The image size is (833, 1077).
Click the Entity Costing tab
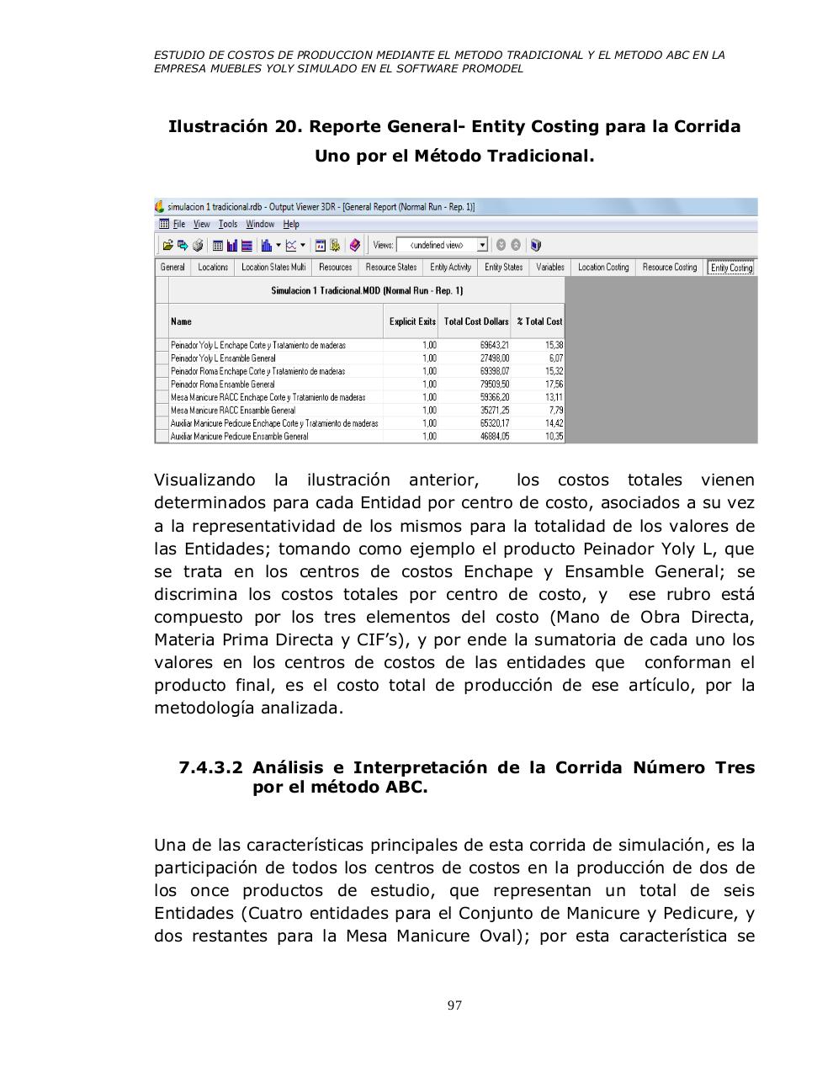(730, 268)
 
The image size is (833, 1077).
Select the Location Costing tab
(603, 268)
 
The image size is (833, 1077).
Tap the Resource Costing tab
(669, 268)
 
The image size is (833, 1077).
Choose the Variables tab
(549, 268)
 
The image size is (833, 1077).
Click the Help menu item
(291, 225)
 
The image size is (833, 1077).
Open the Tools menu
(228, 225)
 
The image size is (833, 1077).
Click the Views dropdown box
(442, 246)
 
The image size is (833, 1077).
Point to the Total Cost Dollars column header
(475, 321)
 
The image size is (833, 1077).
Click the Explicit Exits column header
(412, 321)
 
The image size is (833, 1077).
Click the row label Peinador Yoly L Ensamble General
(223, 358)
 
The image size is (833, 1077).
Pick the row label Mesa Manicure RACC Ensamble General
(232, 411)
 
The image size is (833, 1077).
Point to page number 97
(454, 1005)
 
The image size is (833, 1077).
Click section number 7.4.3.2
(210, 767)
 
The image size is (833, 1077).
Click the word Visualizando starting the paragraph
(204, 480)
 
